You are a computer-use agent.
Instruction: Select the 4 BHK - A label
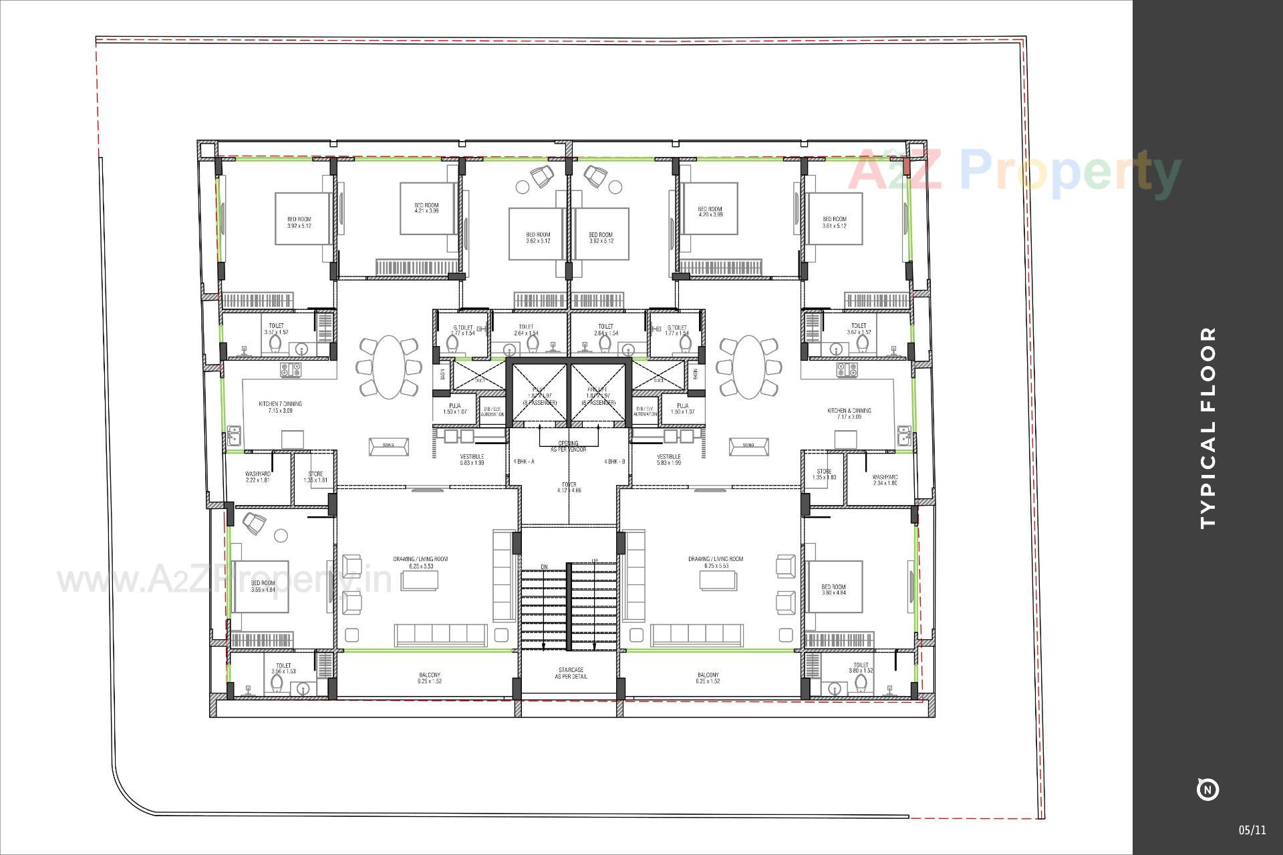[524, 462]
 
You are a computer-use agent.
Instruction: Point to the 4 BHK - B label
[614, 462]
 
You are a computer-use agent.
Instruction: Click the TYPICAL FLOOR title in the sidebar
[1208, 427]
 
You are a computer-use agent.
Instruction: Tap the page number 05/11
[1252, 830]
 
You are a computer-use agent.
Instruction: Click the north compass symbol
[1207, 789]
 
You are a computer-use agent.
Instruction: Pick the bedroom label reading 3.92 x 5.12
[299, 222]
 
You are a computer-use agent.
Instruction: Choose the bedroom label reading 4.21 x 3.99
[426, 208]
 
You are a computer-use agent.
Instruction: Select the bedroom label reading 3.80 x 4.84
[833, 590]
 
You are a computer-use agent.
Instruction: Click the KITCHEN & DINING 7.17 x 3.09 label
[849, 413]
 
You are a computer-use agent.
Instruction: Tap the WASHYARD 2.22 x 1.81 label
[257, 477]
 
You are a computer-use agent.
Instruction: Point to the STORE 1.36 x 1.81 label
[315, 477]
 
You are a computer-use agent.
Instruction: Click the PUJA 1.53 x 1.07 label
[455, 409]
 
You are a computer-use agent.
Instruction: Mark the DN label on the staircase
[544, 567]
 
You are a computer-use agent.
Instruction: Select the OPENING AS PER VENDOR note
[568, 446]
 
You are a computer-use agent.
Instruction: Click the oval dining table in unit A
[388, 367]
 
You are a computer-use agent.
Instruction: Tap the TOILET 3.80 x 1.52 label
[861, 668]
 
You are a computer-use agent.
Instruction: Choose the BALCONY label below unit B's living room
[708, 678]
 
